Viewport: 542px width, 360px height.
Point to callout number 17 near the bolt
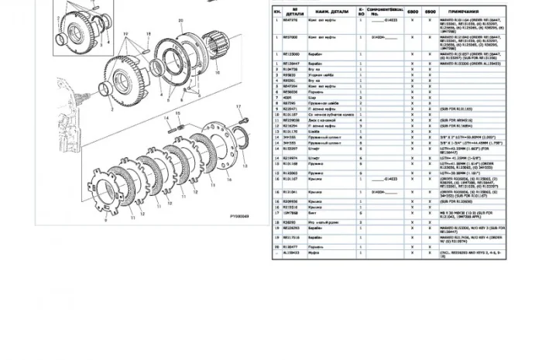point(240,105)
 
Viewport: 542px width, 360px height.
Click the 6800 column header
point(413,12)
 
